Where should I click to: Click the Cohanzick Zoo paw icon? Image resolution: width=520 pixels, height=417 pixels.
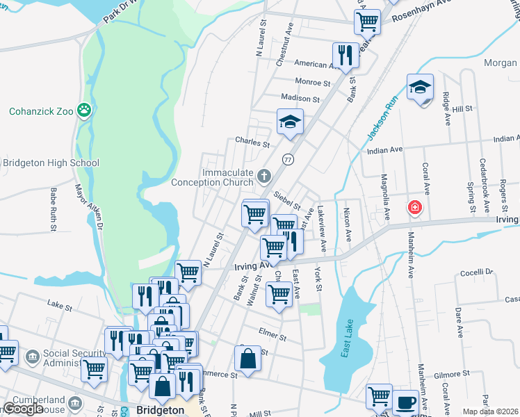coord(84,110)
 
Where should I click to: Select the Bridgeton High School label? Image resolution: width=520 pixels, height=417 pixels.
coord(51,163)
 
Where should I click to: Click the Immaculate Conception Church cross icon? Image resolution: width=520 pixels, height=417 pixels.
coord(263,177)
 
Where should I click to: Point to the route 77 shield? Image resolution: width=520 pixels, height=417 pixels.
coord(287,159)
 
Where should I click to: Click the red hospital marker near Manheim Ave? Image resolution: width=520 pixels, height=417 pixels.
coord(415,207)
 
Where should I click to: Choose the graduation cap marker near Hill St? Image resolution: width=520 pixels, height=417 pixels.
coord(420,88)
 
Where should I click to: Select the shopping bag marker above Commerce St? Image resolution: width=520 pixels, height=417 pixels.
coord(247,359)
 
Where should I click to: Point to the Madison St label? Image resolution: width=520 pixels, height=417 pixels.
coord(300,99)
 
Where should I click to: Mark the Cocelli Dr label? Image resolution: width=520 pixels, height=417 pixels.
coord(476,272)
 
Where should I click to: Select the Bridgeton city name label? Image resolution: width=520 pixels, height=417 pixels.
coord(161,410)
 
